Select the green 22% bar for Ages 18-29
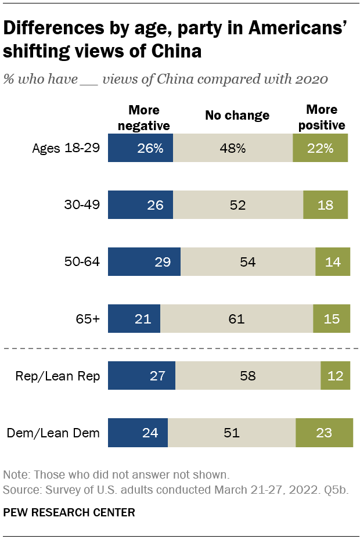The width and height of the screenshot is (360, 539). (x=320, y=148)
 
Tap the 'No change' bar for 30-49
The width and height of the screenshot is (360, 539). (x=238, y=205)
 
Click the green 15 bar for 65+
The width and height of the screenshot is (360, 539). (x=332, y=319)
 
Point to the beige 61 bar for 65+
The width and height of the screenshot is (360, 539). (x=236, y=319)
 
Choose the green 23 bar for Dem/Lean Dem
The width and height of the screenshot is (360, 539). (x=324, y=433)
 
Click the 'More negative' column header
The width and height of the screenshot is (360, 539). (x=144, y=117)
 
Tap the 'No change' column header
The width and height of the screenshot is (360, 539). (x=237, y=115)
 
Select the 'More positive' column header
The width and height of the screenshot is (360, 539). (x=321, y=117)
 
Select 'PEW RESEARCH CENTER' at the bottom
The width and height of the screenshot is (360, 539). (x=69, y=512)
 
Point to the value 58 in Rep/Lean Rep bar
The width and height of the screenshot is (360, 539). (x=248, y=376)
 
